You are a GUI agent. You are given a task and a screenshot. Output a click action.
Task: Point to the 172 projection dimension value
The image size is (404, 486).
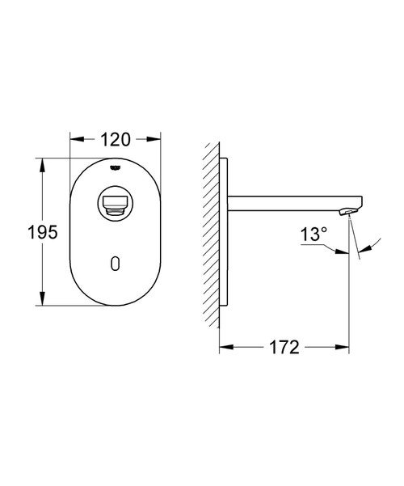pyautogui.click(x=284, y=348)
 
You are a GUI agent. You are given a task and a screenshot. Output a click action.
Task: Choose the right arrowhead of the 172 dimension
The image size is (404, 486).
pyautogui.click(x=347, y=348)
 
